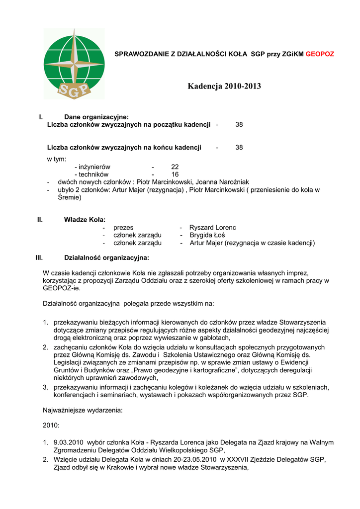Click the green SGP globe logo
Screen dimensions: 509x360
pyautogui.click(x=74, y=64)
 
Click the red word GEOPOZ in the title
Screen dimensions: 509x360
pyautogui.click(x=320, y=54)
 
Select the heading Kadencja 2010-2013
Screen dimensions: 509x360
pyautogui.click(x=224, y=86)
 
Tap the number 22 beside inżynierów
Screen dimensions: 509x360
pyautogui.click(x=175, y=167)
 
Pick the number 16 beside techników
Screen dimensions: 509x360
pyautogui.click(x=175, y=174)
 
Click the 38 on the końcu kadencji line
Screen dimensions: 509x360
pyautogui.click(x=239, y=148)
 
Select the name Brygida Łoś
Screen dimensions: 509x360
pyautogui.click(x=207, y=235)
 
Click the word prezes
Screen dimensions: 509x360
pyautogui.click(x=123, y=228)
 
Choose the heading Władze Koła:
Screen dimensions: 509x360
pyautogui.click(x=85, y=220)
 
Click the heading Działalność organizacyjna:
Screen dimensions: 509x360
pyautogui.click(x=106, y=258)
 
